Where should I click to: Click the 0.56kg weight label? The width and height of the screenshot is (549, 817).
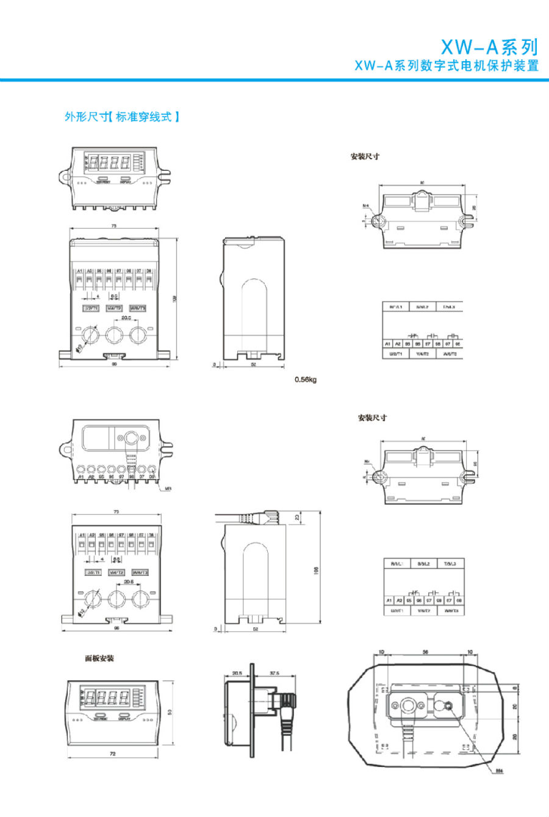pos(306,380)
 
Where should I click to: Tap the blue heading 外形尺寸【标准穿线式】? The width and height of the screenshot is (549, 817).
pos(122,117)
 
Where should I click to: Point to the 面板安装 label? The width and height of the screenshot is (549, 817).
pos(99,658)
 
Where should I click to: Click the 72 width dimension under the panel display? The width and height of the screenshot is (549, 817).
pos(112,754)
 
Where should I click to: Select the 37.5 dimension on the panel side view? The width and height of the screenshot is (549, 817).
pos(274,674)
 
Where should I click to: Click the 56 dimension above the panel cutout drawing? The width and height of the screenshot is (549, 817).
pos(425,652)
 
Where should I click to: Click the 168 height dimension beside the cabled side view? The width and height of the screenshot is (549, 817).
pos(316,570)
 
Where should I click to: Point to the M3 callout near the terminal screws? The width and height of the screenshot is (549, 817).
pos(168,488)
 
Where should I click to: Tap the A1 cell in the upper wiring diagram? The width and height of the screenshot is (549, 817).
pos(387,344)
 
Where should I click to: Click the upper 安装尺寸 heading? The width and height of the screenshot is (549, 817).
pos(365,156)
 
